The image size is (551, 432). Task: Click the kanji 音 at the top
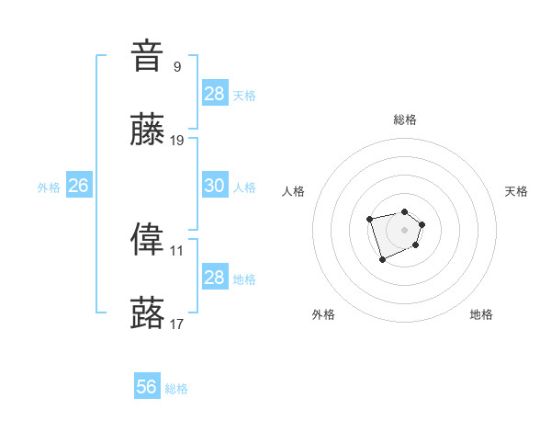(x=148, y=56)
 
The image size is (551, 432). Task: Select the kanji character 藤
(x=148, y=131)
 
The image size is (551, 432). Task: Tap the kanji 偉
(x=148, y=240)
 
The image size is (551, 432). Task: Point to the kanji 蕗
(x=148, y=313)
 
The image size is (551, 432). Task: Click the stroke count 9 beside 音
(x=176, y=66)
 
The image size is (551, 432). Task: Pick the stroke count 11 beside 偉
(x=177, y=250)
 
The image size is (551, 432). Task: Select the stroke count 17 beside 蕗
(x=177, y=324)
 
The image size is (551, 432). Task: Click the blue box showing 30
(x=214, y=186)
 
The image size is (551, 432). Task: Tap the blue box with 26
(x=78, y=186)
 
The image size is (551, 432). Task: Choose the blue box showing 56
(x=147, y=387)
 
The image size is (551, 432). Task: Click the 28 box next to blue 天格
(x=214, y=94)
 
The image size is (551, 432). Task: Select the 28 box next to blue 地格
(x=214, y=278)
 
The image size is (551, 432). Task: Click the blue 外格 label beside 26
(x=49, y=188)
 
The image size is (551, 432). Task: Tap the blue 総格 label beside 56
(x=176, y=389)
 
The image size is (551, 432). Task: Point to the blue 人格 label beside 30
(x=244, y=188)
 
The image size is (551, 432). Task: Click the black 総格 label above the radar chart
(x=404, y=119)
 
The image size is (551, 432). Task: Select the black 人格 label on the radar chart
(x=293, y=191)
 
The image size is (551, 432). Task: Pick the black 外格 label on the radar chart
(x=323, y=314)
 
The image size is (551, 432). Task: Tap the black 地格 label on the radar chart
(x=481, y=314)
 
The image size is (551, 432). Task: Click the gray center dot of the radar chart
(x=404, y=229)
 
